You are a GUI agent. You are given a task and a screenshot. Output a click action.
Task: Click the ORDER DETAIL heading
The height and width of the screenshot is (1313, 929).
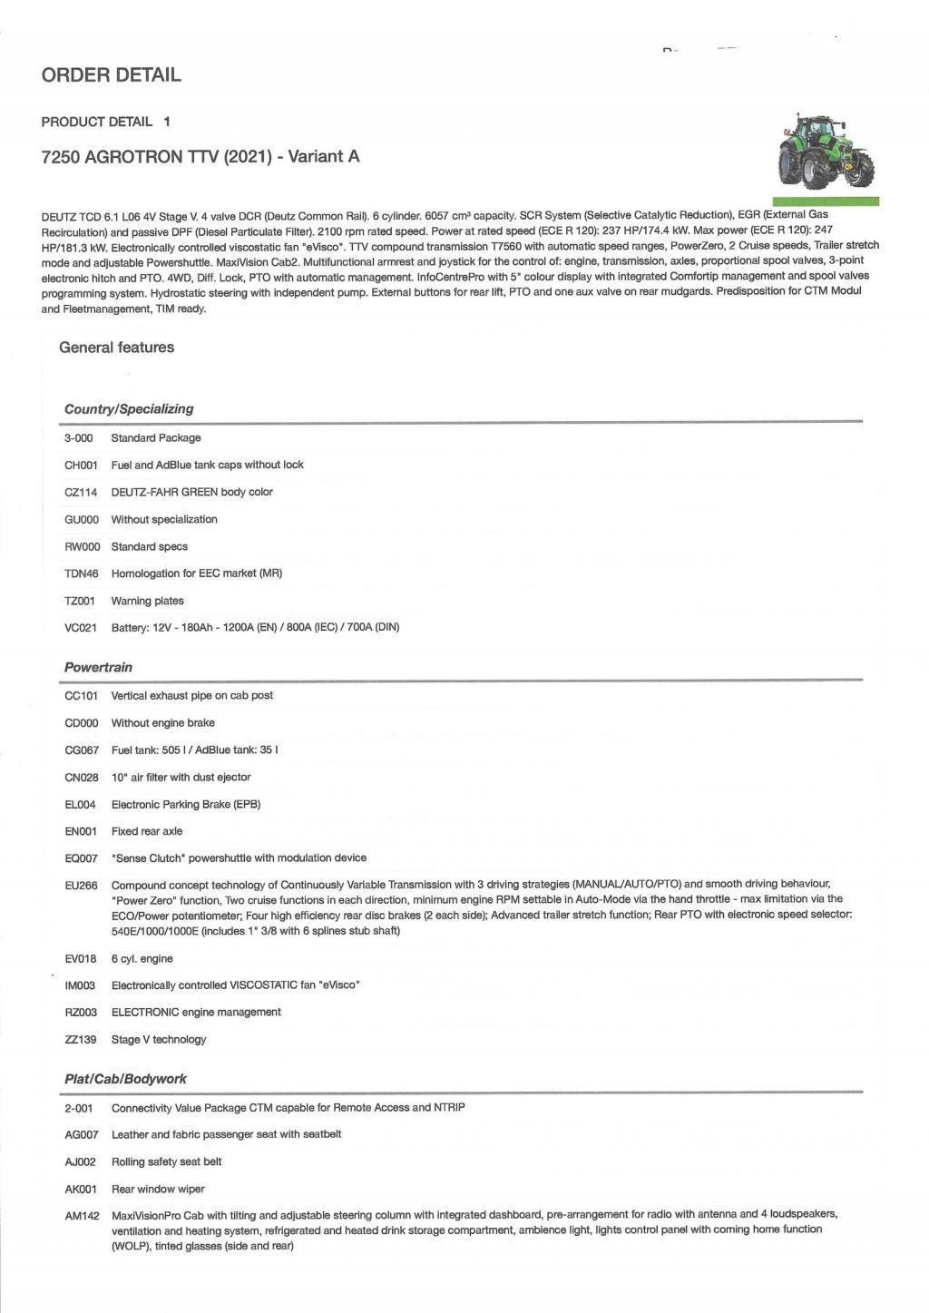pos(111,75)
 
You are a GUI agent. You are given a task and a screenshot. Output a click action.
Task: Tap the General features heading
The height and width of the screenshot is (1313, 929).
pos(116,348)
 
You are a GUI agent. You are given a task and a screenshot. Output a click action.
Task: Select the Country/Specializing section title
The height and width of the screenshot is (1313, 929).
pos(128,409)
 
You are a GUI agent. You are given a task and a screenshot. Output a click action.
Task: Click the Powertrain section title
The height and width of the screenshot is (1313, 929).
pos(98,667)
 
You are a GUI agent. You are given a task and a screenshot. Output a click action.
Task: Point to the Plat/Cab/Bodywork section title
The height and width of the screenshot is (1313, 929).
pos(125,1079)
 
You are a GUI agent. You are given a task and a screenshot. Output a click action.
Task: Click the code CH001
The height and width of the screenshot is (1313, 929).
pos(81,465)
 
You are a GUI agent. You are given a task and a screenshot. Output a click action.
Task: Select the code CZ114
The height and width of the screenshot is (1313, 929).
pos(81,492)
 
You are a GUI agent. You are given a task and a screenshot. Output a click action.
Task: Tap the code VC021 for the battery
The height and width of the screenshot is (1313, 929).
pos(81,627)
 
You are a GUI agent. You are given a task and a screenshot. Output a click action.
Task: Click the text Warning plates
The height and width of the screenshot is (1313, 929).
pos(147,601)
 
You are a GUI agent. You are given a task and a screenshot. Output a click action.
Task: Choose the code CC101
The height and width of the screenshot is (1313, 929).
pos(81,696)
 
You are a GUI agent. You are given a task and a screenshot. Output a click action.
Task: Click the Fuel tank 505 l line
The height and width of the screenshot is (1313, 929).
pos(194,750)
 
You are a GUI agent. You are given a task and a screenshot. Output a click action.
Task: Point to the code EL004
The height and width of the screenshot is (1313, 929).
pos(80,804)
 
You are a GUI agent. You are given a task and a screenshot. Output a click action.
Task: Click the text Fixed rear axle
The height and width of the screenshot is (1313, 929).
pos(146,831)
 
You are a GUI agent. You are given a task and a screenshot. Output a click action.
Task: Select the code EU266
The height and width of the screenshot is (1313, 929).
pos(81,885)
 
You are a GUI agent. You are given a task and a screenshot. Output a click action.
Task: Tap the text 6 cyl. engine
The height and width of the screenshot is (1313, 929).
pos(142,958)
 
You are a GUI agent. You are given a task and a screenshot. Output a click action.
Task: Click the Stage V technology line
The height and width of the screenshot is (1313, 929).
pos(158,1039)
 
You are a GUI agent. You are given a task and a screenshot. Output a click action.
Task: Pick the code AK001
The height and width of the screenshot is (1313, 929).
pos(80,1189)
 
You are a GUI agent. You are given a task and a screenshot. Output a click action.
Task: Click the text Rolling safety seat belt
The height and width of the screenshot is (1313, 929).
pos(166,1161)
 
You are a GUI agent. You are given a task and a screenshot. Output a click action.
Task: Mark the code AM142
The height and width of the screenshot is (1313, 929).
pos(82,1215)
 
